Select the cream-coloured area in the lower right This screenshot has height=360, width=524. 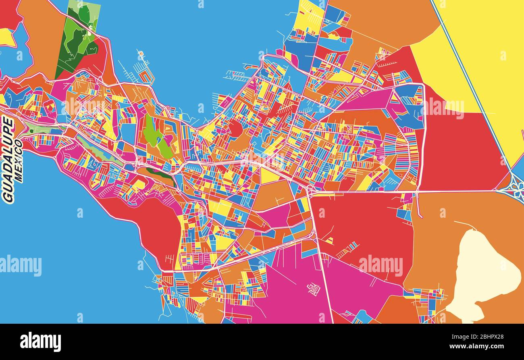(482, 274)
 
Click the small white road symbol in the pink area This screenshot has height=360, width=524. (314, 289)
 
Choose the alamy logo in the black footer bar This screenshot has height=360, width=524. (40, 341)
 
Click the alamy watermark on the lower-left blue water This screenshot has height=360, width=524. (21, 266)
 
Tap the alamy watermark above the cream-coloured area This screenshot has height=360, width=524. (381, 266)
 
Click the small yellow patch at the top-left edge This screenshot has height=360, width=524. (6, 37)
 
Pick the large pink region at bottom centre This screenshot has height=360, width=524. (290, 290)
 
